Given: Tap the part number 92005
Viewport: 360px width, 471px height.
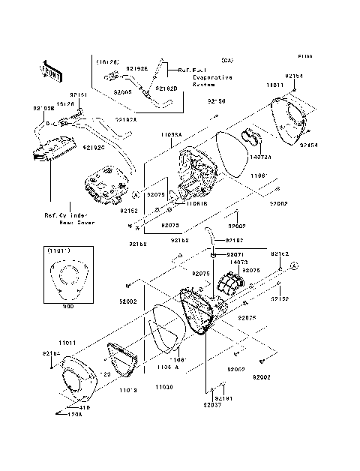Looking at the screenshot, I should (124, 92).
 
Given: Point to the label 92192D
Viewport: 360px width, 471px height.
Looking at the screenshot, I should (166, 88).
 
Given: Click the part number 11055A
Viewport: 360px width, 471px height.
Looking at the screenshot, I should (172, 134).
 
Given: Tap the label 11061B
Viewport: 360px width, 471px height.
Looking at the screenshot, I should (176, 203).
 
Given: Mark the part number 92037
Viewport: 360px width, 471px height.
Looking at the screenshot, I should (212, 406).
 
